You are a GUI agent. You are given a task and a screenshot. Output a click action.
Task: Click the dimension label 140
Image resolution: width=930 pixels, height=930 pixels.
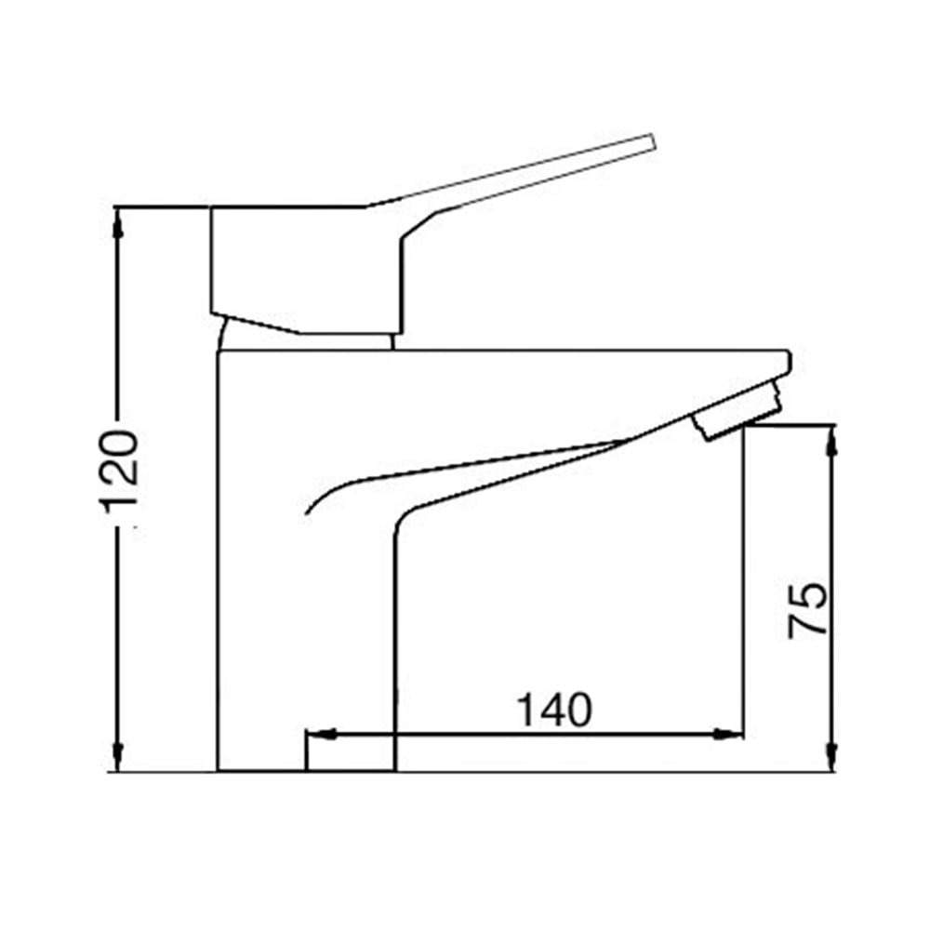point(555,710)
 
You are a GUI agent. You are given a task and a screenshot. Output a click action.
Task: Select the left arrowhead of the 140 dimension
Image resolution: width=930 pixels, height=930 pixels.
point(321,735)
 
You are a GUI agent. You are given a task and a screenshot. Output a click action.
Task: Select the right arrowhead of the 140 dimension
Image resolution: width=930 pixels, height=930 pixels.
point(728,735)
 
